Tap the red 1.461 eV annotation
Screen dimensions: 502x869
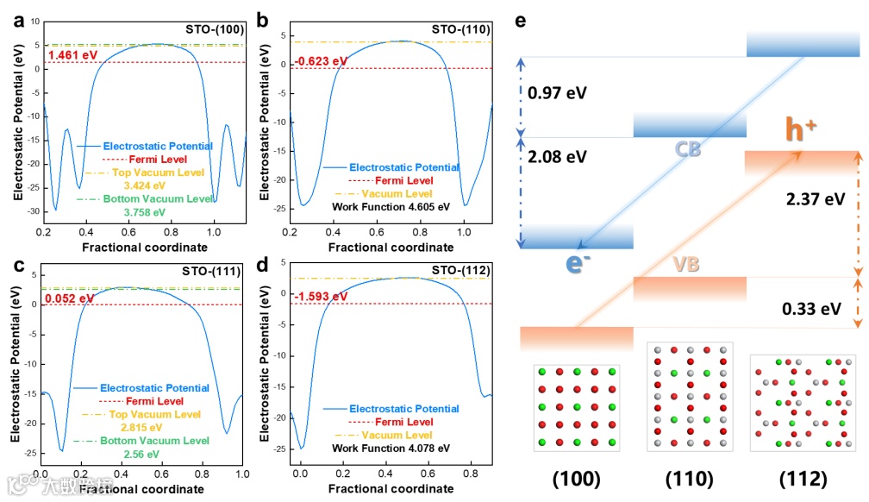(x=73, y=56)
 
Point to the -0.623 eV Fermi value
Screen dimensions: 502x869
(x=319, y=61)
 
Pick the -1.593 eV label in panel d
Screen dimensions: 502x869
(x=320, y=297)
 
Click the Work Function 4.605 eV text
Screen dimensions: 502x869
(x=391, y=207)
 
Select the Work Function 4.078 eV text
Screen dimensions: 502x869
(x=391, y=449)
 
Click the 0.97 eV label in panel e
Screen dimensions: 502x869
(x=558, y=92)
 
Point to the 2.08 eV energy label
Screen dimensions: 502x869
(x=558, y=156)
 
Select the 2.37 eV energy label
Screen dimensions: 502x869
(x=816, y=199)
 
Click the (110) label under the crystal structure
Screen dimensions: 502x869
(x=689, y=479)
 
